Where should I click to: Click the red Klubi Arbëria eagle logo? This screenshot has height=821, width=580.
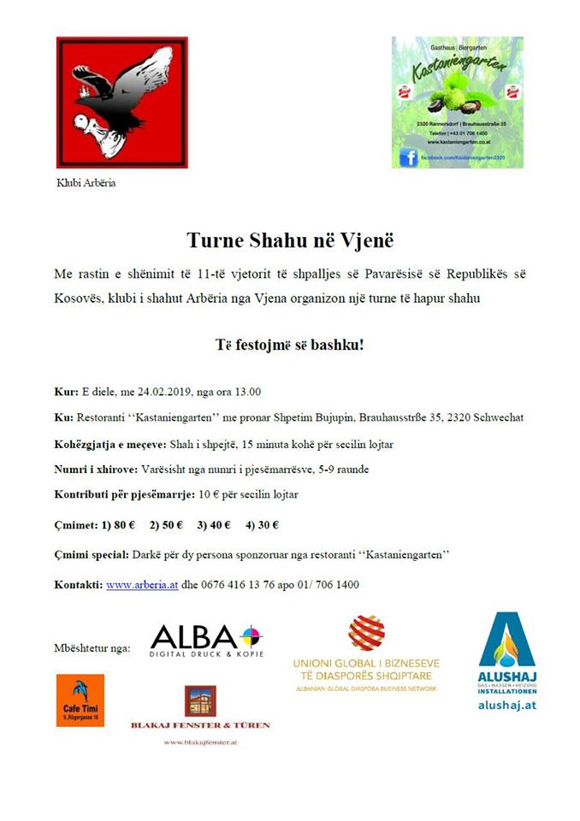[121, 102]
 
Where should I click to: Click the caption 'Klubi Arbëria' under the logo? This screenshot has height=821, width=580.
[86, 182]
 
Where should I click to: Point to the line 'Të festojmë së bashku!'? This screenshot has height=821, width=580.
[289, 347]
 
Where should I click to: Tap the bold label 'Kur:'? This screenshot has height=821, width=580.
[66, 393]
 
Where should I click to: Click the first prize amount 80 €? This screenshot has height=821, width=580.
[121, 525]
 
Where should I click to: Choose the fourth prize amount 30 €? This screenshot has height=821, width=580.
[265, 525]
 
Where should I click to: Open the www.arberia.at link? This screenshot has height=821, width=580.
[142, 585]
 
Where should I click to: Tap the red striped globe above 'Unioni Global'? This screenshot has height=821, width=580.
[366, 634]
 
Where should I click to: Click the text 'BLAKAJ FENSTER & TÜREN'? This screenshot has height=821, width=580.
[200, 724]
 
